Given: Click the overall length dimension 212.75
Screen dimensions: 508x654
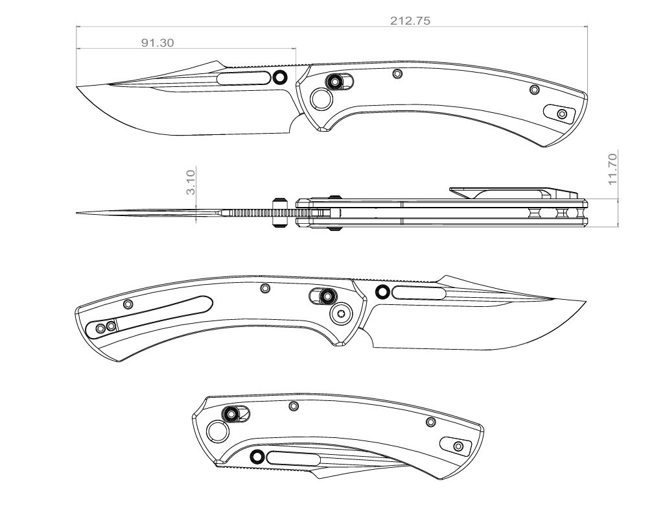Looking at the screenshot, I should tap(410, 20).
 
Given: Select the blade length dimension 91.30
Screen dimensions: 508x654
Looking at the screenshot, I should tap(158, 43).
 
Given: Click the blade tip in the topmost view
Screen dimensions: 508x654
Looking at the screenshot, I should tap(78, 87).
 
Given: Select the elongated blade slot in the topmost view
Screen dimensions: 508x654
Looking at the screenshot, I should tap(244, 79).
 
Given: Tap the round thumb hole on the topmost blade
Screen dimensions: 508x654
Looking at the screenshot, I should tap(280, 78).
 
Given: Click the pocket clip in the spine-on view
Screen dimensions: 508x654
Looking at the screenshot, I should tap(512, 192).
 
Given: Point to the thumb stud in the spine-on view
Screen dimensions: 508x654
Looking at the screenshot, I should tap(280, 213).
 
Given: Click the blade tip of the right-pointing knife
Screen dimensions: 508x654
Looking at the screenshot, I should tap(585, 302).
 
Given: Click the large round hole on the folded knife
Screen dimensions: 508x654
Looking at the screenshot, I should tap(216, 433).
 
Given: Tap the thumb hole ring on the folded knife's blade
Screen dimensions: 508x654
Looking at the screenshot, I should tap(257, 457).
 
